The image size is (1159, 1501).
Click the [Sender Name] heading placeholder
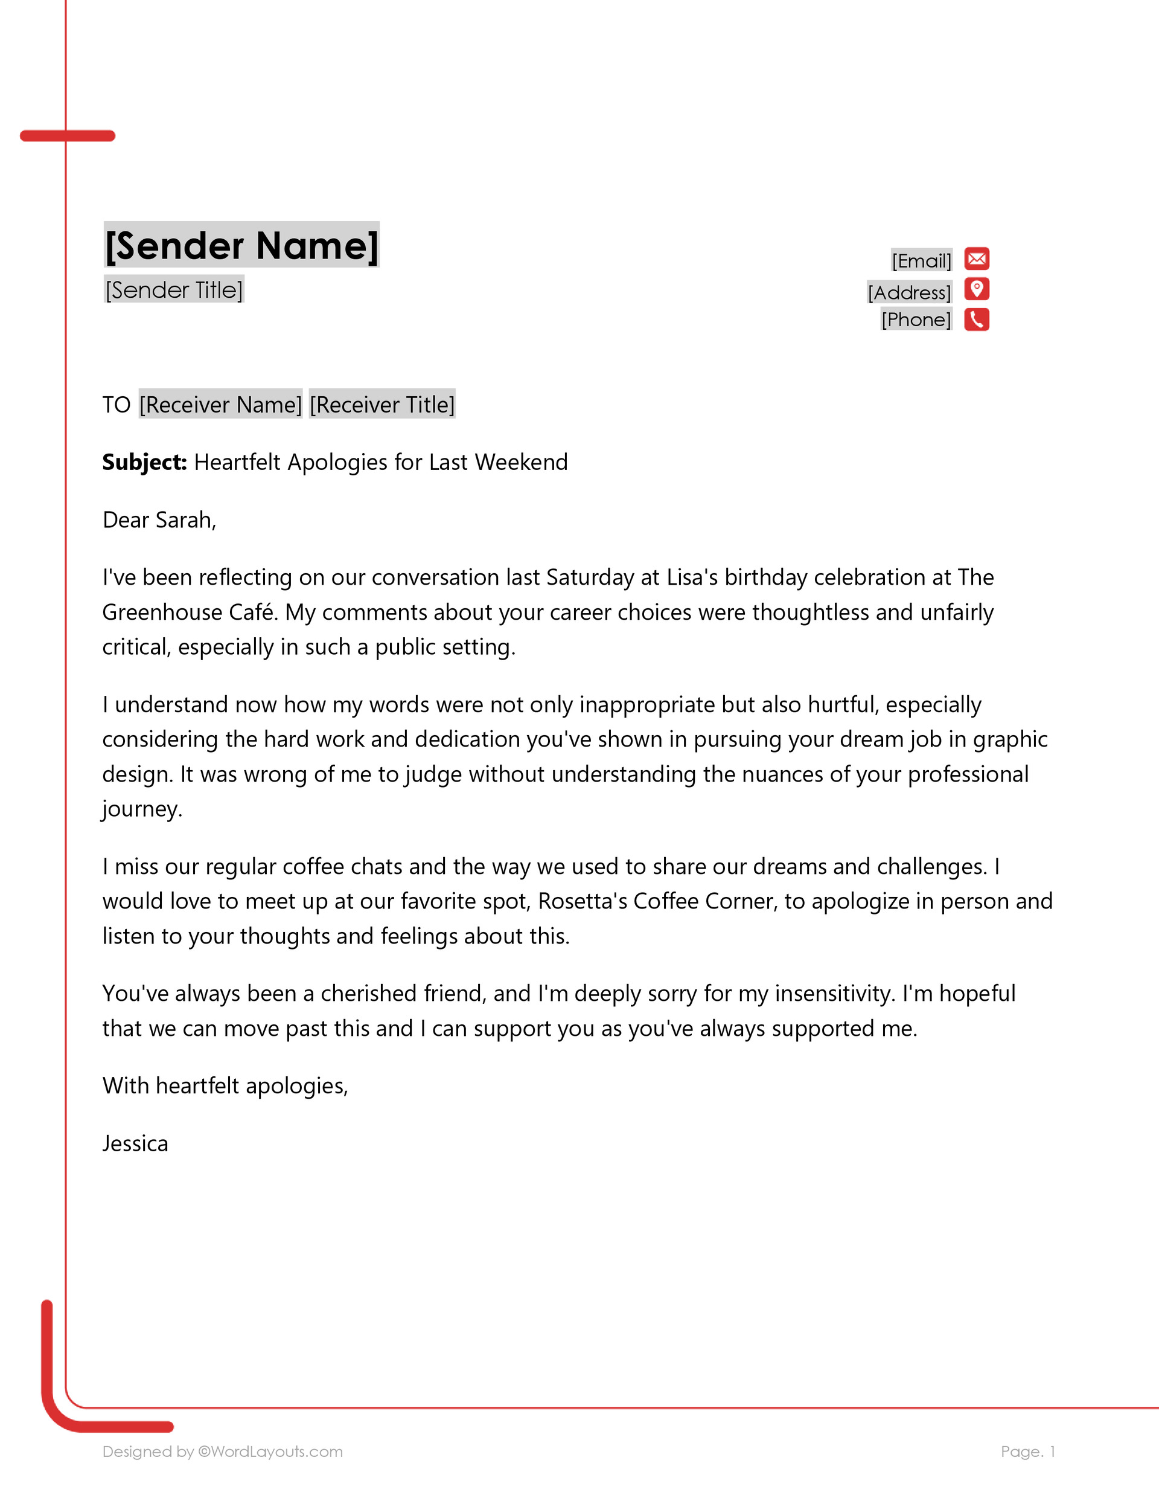tap(241, 245)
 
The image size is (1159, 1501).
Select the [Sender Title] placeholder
tap(174, 289)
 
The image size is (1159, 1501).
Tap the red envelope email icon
tap(976, 259)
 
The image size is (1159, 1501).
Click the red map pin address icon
tap(976, 289)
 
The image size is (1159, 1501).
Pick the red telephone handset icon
tap(976, 320)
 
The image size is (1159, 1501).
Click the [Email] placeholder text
tap(921, 261)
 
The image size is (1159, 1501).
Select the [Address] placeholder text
tap(909, 292)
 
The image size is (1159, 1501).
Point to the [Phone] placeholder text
tap(916, 320)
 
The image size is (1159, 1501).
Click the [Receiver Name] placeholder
tap(220, 404)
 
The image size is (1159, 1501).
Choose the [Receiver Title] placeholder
tap(382, 404)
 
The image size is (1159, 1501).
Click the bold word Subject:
tap(144, 462)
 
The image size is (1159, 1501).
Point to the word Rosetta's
tap(583, 901)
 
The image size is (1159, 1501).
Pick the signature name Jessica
tap(135, 1143)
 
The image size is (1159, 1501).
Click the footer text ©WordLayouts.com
tap(270, 1451)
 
